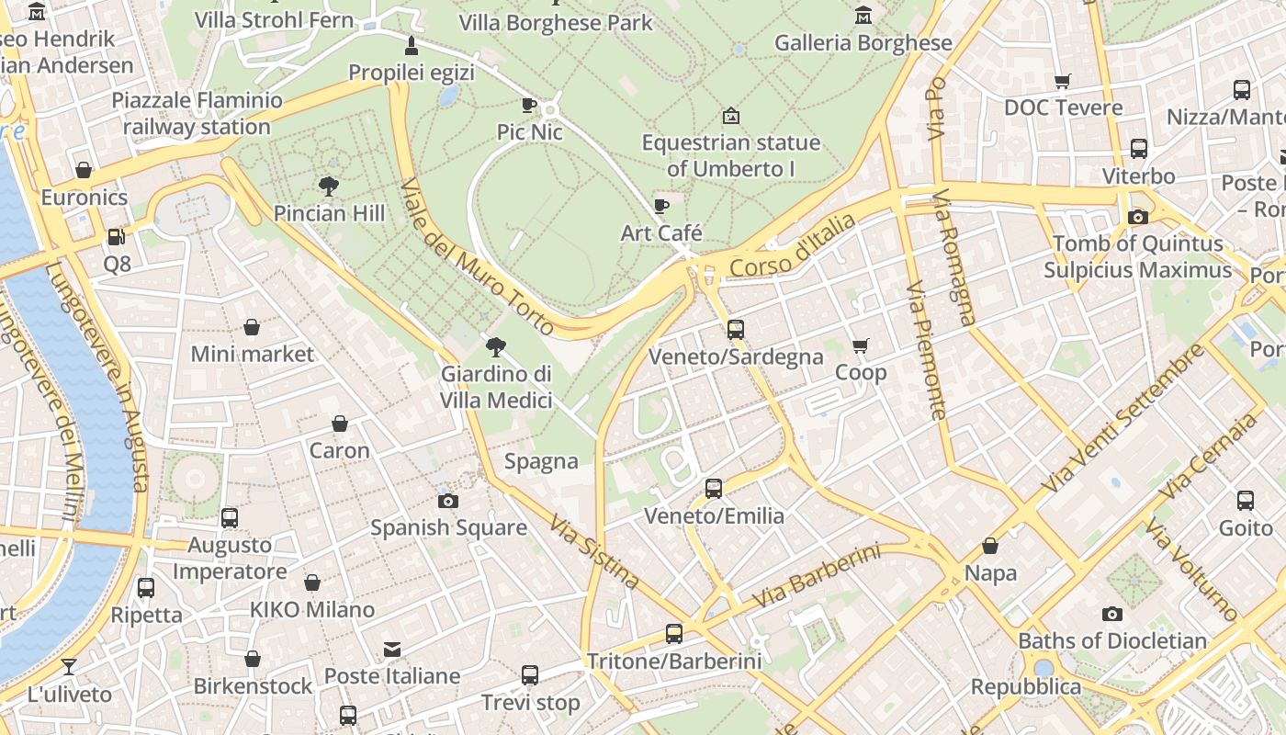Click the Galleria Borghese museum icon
pos(863,16)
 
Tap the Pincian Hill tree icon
pos(329,187)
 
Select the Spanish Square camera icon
pos(448,501)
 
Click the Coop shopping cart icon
pos(861,346)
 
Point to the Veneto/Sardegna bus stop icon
pos(736,330)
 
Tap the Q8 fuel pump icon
pos(117,237)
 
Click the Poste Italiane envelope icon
pos(392,650)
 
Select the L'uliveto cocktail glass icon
pos(69,667)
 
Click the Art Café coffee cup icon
pos(660,206)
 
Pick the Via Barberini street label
pos(816,576)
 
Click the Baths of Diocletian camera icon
pos(1112,614)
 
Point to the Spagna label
pos(541,461)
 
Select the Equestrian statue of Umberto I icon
pos(731,116)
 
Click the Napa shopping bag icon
pos(990,547)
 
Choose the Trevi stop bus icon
pos(530,675)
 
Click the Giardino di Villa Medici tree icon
pos(496,346)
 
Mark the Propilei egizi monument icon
pos(412,46)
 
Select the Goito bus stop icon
pos(1246,501)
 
